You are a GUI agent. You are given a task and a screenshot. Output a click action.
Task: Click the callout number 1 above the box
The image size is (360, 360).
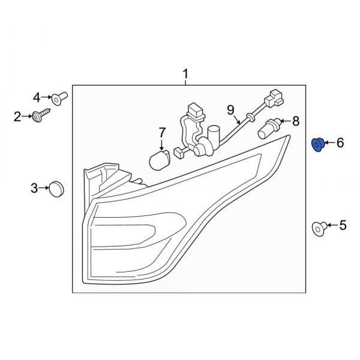[185, 74]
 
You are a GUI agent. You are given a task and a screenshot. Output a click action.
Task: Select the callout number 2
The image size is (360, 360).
[17, 117]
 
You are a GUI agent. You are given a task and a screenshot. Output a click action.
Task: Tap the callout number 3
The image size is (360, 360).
[34, 188]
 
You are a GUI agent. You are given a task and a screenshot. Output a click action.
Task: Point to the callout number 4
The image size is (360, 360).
[36, 97]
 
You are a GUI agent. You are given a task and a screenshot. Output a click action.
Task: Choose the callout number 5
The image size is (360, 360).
[343, 226]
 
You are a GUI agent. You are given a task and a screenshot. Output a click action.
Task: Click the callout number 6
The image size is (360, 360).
[340, 143]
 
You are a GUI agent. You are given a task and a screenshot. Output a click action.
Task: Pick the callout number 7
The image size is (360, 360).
[161, 131]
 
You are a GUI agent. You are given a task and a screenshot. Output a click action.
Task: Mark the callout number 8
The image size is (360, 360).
[295, 122]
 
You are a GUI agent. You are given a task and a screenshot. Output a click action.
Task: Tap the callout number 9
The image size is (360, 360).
[230, 110]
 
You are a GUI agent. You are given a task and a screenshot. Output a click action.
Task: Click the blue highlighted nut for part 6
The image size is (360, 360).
[318, 144]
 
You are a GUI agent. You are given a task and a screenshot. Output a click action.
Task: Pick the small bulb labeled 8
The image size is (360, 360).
[268, 128]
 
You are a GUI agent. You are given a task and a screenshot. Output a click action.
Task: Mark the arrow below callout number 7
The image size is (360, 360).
[161, 143]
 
